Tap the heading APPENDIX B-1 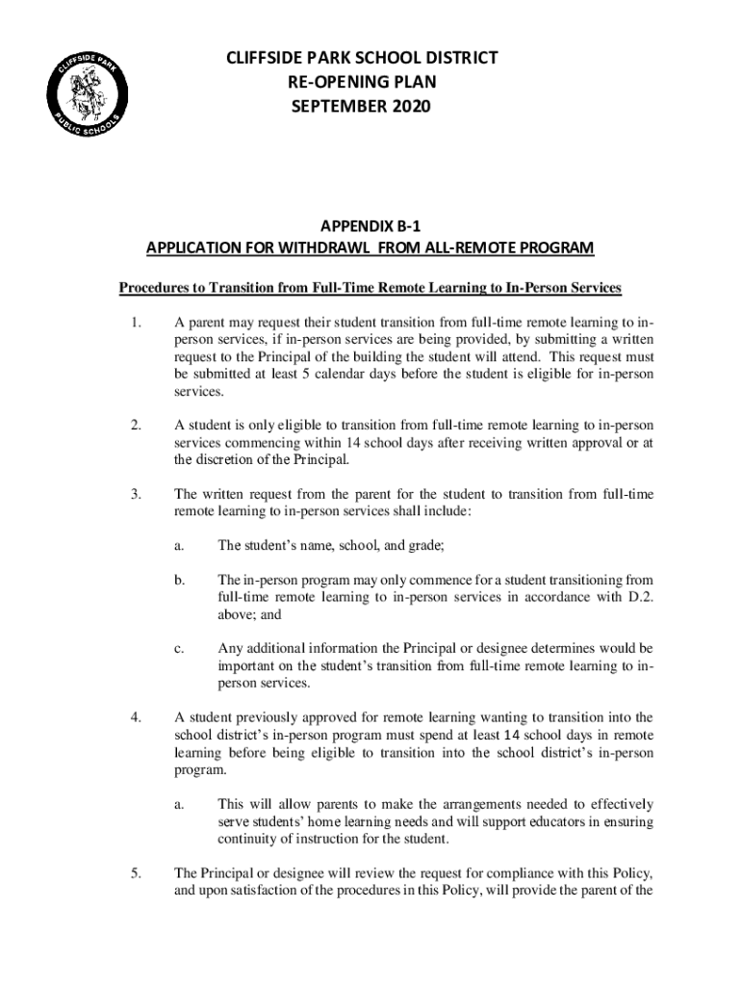[x=370, y=226]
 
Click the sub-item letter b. [x=179, y=581]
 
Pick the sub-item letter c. [x=179, y=649]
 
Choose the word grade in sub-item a [x=423, y=545]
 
